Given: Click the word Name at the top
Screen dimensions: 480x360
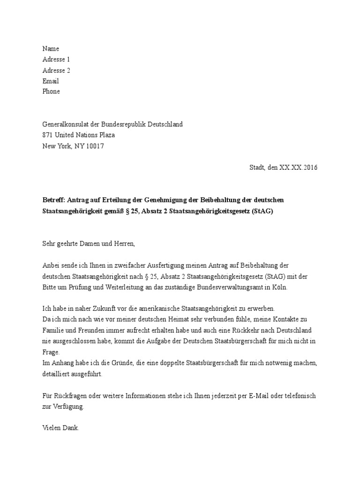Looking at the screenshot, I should pyautogui.click(x=51, y=49).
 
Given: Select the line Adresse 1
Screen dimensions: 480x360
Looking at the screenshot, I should pyautogui.click(x=56, y=60).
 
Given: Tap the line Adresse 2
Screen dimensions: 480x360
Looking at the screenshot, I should pyautogui.click(x=56, y=70).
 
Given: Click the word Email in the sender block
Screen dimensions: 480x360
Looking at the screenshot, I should pyautogui.click(x=51, y=81).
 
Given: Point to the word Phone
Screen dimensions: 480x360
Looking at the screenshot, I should pyautogui.click(x=51, y=91).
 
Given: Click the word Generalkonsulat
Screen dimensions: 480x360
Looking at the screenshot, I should pyautogui.click(x=65, y=124).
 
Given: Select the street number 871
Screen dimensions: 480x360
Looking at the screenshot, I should pyautogui.click(x=47, y=135).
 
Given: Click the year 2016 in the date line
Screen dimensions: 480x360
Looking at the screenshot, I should pyautogui.click(x=308, y=167).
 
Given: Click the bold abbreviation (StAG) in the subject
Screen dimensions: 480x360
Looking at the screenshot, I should pyautogui.click(x=262, y=211).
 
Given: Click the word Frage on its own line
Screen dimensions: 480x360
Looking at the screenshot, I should pyautogui.click(x=51, y=352).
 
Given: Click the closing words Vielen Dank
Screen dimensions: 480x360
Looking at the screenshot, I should pyautogui.click(x=60, y=428).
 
